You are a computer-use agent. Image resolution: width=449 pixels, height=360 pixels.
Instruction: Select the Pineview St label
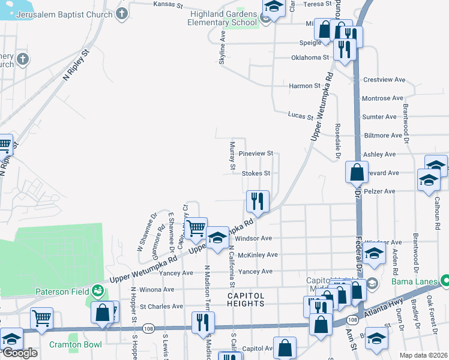[x=256, y=154]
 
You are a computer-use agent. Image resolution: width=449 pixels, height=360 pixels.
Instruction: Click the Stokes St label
[x=256, y=173]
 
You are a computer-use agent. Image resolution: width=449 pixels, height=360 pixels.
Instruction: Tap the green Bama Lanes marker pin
[x=444, y=280]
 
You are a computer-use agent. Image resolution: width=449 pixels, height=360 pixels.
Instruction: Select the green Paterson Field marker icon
[x=97, y=292]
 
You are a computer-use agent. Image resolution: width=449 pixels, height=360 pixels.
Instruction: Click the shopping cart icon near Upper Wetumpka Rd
[x=196, y=228]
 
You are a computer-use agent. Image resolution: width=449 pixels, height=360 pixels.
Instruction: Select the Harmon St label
[x=304, y=86]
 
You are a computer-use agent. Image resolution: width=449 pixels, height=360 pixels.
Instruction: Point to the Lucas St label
[x=300, y=115]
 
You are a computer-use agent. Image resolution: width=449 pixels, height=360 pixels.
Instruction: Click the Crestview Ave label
[x=385, y=79]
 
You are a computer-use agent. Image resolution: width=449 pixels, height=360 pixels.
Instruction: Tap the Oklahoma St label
[x=310, y=58]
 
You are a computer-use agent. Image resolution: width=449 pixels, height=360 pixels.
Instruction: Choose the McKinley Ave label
[x=258, y=255]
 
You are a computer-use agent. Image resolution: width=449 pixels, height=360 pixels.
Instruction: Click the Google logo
[x=20, y=352]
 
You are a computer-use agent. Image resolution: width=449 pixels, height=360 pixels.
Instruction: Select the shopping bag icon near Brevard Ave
[x=357, y=172]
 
